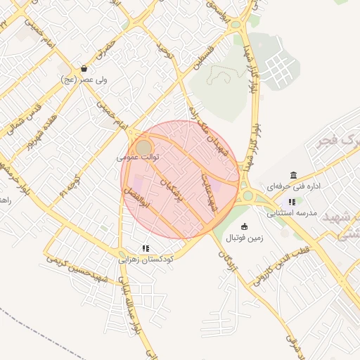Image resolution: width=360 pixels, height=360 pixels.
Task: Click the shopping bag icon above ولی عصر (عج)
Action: click(x=84, y=69)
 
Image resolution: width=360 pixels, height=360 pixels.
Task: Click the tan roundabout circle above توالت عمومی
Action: click(x=143, y=147)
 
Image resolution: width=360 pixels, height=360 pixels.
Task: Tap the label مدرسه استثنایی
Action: click(x=292, y=212)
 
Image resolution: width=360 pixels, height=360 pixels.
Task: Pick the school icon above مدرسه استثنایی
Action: click(x=292, y=202)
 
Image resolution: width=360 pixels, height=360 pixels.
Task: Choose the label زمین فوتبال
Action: click(x=244, y=238)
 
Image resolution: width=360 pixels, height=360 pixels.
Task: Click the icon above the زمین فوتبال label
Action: click(x=244, y=226)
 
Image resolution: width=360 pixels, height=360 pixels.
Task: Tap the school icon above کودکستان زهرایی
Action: click(x=146, y=248)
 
